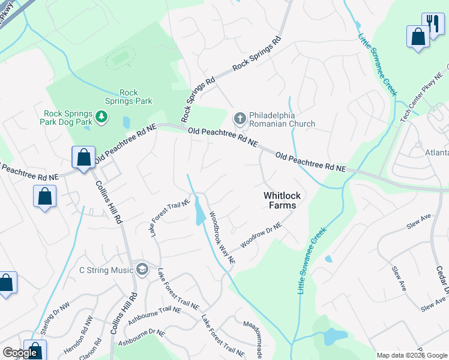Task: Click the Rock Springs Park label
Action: (128, 97)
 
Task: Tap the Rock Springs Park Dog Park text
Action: (68, 118)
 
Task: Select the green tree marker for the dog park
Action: (102, 116)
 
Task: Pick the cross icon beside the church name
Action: (240, 118)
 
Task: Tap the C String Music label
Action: (106, 270)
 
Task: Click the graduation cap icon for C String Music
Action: (142, 268)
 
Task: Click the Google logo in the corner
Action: (20, 353)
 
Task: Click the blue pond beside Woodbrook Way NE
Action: (199, 212)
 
